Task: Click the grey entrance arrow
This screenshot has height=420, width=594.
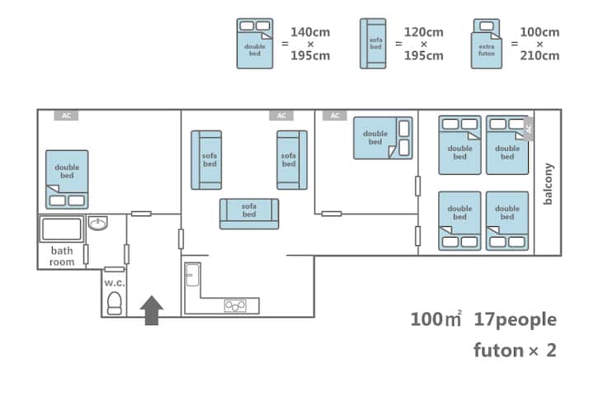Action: tap(153, 310)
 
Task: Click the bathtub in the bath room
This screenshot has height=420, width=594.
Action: tap(62, 229)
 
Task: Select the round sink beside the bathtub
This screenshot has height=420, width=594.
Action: tap(98, 224)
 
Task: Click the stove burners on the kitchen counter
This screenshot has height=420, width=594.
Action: tap(235, 306)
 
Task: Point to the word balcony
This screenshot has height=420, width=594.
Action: tap(549, 183)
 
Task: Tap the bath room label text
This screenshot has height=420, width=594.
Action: tap(62, 257)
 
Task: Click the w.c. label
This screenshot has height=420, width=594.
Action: tap(114, 281)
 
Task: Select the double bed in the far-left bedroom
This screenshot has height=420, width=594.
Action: tap(67, 179)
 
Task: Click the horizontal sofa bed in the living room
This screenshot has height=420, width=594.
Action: tap(249, 214)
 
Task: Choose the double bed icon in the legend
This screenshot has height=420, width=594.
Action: tap(255, 44)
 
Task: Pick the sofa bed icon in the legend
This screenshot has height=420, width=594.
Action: tap(373, 44)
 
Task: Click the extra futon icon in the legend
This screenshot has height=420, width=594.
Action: tap(487, 45)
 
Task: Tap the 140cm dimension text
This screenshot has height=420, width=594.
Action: tap(310, 32)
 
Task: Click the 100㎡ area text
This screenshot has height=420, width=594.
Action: tap(436, 319)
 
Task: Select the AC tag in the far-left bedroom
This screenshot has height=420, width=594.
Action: tap(66, 116)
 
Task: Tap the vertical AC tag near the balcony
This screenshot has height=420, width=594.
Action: tap(529, 127)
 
